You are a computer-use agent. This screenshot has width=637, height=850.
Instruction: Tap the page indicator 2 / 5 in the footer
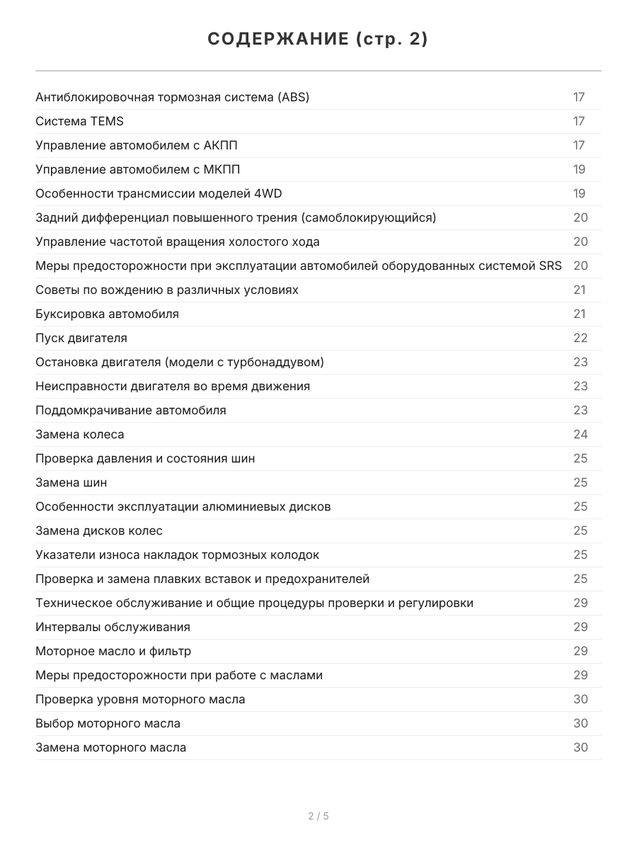(318, 816)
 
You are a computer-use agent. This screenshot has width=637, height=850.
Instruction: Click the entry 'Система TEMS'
(79, 121)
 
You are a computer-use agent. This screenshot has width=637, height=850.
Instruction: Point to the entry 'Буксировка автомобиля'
(107, 314)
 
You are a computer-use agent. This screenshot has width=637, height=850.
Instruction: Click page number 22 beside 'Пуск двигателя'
(580, 338)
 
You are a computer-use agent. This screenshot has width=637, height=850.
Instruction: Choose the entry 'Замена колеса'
(79, 434)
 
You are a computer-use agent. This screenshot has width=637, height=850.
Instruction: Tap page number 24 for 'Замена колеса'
(580, 434)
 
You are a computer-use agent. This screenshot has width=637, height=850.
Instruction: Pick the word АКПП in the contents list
(220, 145)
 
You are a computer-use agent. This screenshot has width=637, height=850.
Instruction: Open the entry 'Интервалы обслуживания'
(113, 627)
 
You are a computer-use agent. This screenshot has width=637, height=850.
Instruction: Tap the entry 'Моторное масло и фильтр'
(113, 651)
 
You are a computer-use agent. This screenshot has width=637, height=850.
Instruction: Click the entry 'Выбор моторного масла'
(108, 723)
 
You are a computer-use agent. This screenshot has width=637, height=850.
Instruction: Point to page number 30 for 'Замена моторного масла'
(580, 747)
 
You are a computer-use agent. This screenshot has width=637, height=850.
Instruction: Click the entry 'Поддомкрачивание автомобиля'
(131, 410)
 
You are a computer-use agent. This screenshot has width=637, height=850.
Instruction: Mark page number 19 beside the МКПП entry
(579, 169)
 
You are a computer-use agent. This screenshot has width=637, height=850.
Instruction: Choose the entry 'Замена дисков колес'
(99, 531)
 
